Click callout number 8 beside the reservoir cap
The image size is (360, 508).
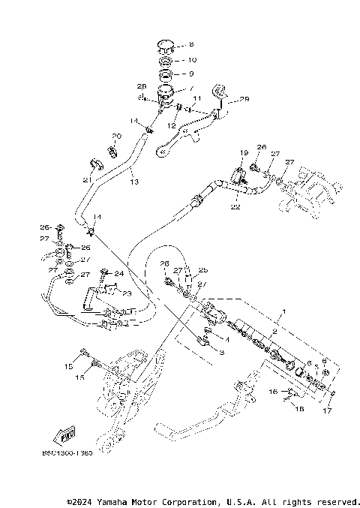click(x=191, y=45)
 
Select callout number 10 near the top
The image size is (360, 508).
click(x=191, y=59)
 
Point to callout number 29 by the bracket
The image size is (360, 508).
click(x=244, y=100)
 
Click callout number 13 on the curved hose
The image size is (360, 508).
click(x=133, y=182)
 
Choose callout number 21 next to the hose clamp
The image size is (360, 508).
click(x=86, y=180)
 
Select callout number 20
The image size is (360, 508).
click(x=116, y=137)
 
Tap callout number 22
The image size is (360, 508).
click(x=235, y=207)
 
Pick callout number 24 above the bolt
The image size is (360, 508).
click(x=118, y=273)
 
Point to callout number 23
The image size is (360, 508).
click(x=126, y=294)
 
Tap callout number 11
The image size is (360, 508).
click(x=196, y=98)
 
